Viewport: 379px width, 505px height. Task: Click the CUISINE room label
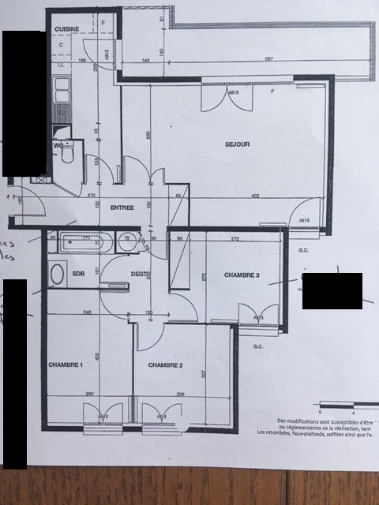[x=67, y=28]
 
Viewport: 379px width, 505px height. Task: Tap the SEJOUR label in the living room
[x=237, y=144]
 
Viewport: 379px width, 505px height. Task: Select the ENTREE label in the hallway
[x=122, y=208]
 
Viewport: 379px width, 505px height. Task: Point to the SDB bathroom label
[x=78, y=274]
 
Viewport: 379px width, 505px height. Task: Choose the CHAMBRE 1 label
[x=66, y=365]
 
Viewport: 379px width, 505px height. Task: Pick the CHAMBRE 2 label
[x=165, y=365]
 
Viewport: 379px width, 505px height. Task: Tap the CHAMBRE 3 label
[x=241, y=275]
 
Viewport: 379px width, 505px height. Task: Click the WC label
[x=58, y=145]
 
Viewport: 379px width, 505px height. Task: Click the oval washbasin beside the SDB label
[x=57, y=275]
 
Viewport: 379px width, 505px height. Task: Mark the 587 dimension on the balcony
[x=268, y=60]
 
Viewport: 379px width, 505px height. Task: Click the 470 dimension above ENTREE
[x=91, y=196]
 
